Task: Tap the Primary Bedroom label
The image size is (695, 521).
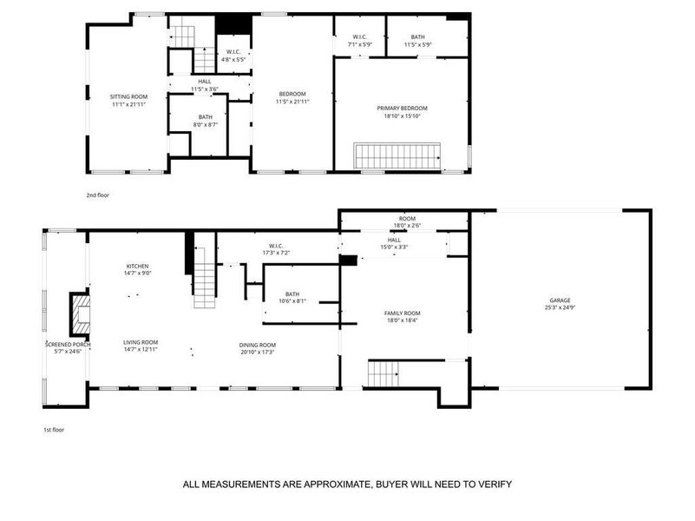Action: [402, 109]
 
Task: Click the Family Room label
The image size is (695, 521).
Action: [402, 313]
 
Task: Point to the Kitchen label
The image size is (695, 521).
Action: [138, 266]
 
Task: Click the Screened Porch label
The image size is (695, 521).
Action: [68, 345]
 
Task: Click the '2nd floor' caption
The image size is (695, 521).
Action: [97, 195]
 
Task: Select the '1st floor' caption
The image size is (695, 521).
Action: [54, 429]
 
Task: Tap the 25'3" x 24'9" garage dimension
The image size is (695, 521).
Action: [561, 307]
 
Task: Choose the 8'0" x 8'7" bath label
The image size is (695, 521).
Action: [205, 124]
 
